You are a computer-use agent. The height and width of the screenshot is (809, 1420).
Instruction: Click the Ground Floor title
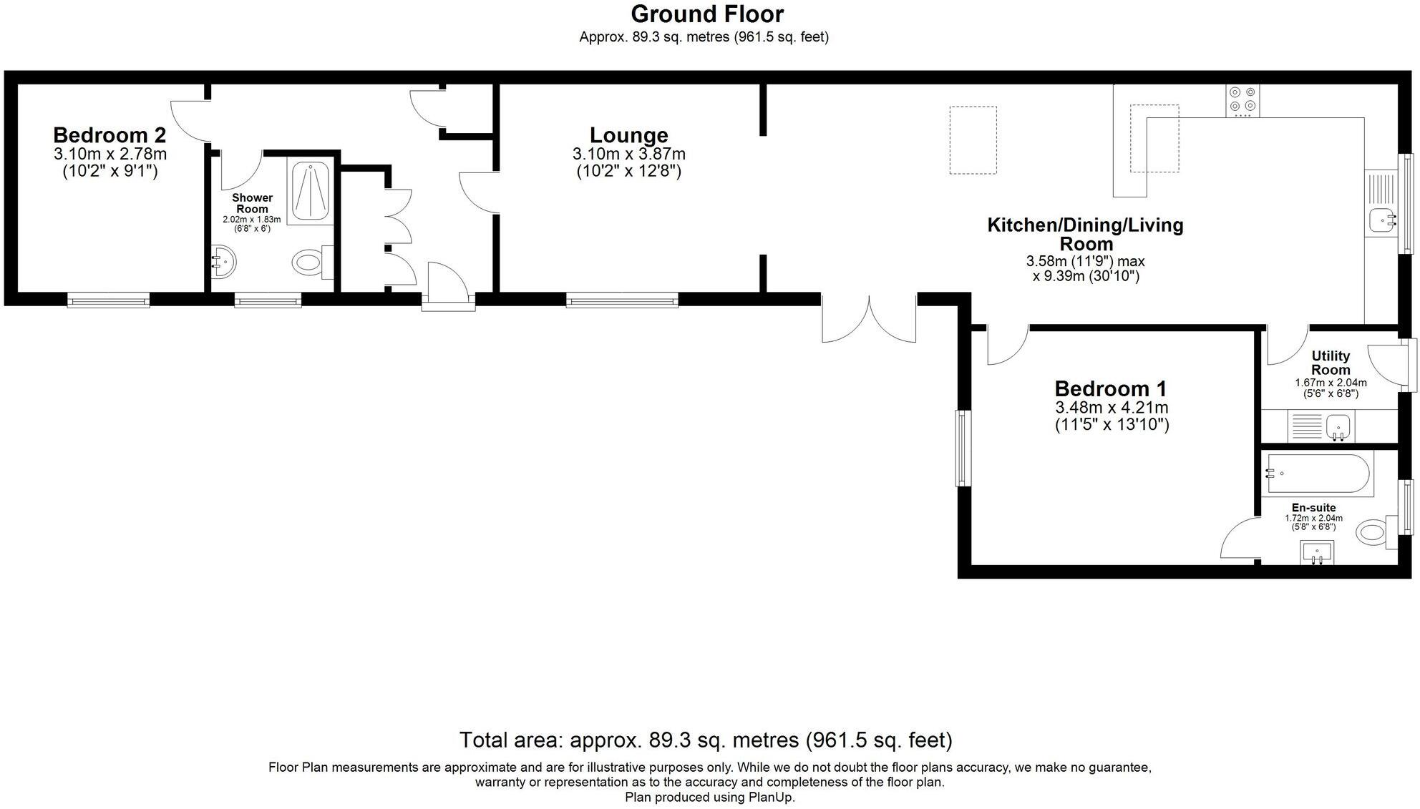point(706,14)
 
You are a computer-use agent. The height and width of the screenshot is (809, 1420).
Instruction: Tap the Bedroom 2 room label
point(110,135)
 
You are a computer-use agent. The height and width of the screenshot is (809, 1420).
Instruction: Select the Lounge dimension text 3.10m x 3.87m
point(628,154)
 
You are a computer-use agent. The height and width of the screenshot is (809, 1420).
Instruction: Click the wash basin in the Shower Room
point(223,263)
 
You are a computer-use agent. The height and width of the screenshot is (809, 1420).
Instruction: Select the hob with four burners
point(1242,101)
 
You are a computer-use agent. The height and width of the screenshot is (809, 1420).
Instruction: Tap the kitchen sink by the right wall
point(1381,220)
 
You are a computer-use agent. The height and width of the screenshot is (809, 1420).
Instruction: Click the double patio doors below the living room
point(869,319)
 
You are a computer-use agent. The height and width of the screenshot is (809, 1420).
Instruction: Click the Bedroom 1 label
point(1110,389)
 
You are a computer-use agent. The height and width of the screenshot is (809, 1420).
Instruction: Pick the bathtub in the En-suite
point(1318,474)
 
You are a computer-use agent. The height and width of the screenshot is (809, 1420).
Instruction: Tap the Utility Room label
point(1330,363)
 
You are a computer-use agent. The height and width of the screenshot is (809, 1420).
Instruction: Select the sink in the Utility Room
point(1337,427)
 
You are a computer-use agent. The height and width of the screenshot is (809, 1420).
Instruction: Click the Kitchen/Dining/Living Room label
point(1085,234)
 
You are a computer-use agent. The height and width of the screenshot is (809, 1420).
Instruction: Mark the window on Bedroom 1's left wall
point(963,448)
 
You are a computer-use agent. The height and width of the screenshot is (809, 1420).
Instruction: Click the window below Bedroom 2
point(108,300)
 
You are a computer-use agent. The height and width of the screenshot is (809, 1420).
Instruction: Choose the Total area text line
point(705,740)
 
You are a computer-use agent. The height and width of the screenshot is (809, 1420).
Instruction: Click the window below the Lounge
point(621,300)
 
